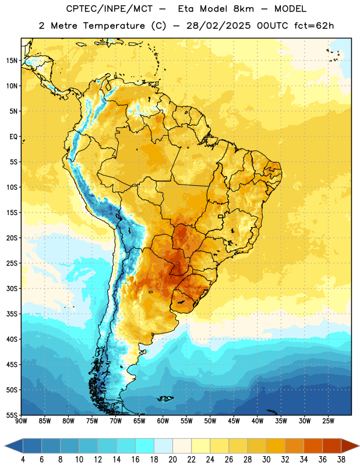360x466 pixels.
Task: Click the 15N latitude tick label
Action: (x=12, y=61)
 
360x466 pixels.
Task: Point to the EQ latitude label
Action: (x=13, y=137)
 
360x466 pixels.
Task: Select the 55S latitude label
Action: (x=12, y=415)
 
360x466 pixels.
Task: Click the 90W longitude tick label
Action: (x=21, y=421)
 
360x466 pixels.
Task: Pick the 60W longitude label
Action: (x=163, y=421)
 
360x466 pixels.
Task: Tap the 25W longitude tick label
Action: (x=328, y=421)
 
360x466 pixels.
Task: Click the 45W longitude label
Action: (x=234, y=421)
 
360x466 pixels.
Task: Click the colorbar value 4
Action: (x=23, y=460)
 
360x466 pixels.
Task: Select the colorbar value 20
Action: (x=172, y=460)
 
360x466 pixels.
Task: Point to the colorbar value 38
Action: (x=341, y=460)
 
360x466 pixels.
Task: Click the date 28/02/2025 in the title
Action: (x=218, y=26)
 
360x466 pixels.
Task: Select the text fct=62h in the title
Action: (x=314, y=26)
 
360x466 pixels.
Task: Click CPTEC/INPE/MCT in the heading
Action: (x=109, y=9)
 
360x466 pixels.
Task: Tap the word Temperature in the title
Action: (x=114, y=26)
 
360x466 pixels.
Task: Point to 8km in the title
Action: (x=243, y=9)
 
